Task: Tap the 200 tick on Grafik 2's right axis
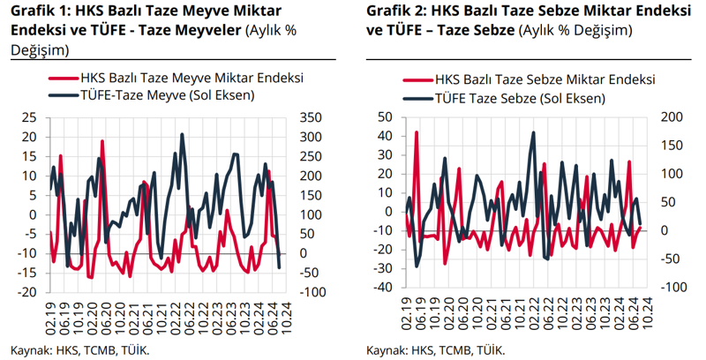pyautogui.click(x=672, y=116)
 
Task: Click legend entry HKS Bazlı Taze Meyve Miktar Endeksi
pyautogui.click(x=191, y=78)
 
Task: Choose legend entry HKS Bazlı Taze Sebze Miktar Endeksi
pyautogui.click(x=542, y=78)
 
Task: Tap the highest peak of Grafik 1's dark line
pyautogui.click(x=183, y=134)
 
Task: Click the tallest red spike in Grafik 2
pyautogui.click(x=416, y=132)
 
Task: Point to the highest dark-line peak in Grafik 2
pyautogui.click(x=534, y=133)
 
